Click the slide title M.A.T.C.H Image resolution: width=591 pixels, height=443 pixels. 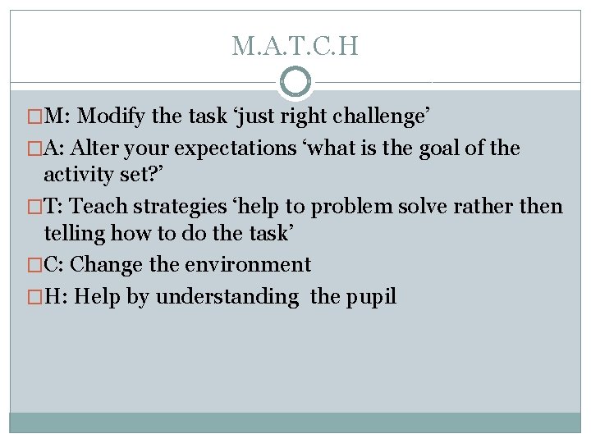point(295,46)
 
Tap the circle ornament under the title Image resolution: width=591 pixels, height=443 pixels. point(295,83)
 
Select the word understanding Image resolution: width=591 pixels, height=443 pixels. point(227,296)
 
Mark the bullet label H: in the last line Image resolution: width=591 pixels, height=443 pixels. point(57,296)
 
